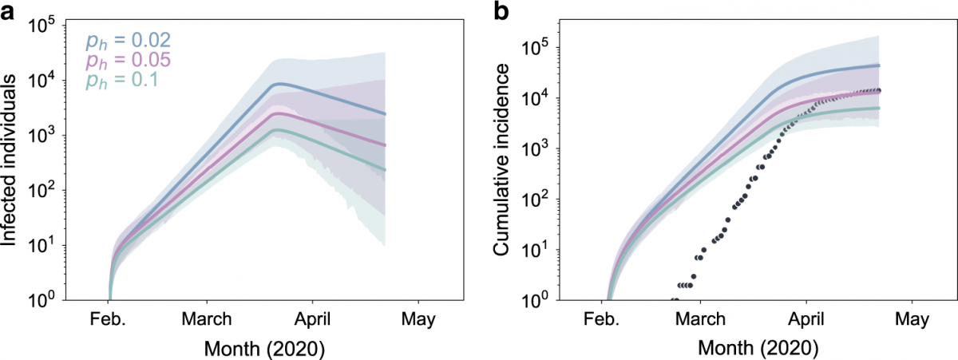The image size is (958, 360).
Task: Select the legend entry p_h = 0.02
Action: coord(127,40)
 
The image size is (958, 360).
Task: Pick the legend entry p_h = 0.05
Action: coord(127,61)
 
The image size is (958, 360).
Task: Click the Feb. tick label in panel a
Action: coord(106,320)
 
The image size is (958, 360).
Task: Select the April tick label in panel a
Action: coord(312,320)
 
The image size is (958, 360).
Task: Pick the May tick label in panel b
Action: coord(911,320)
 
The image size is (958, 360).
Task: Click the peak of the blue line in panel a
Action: coord(277,83)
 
